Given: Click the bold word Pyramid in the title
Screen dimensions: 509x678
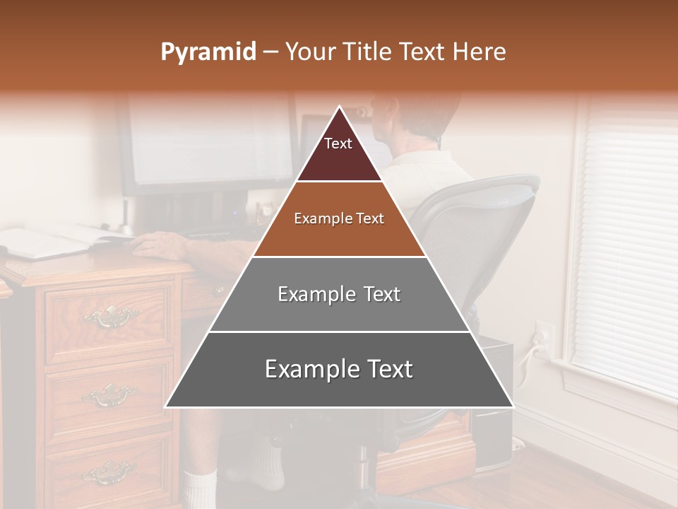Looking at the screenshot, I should (208, 52).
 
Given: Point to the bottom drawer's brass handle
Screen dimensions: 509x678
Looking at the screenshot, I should (107, 472).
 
